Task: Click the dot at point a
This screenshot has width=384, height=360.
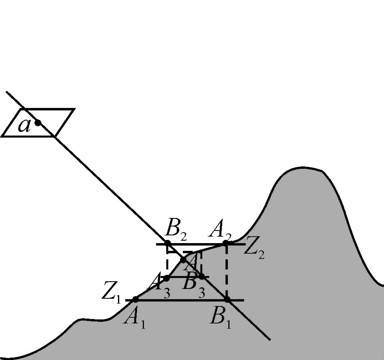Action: pos(38,122)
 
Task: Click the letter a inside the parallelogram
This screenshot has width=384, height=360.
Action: pos(24,126)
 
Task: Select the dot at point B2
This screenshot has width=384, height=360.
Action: pos(167,244)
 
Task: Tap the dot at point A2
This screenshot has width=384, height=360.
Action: pos(225,243)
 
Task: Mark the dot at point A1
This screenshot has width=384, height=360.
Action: pos(135,300)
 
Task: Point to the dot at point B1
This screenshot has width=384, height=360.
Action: pos(227,300)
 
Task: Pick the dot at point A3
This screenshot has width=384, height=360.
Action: pos(166,278)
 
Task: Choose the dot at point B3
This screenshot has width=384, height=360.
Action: pos(201,276)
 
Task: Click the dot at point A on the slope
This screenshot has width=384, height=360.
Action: pos(183,259)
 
